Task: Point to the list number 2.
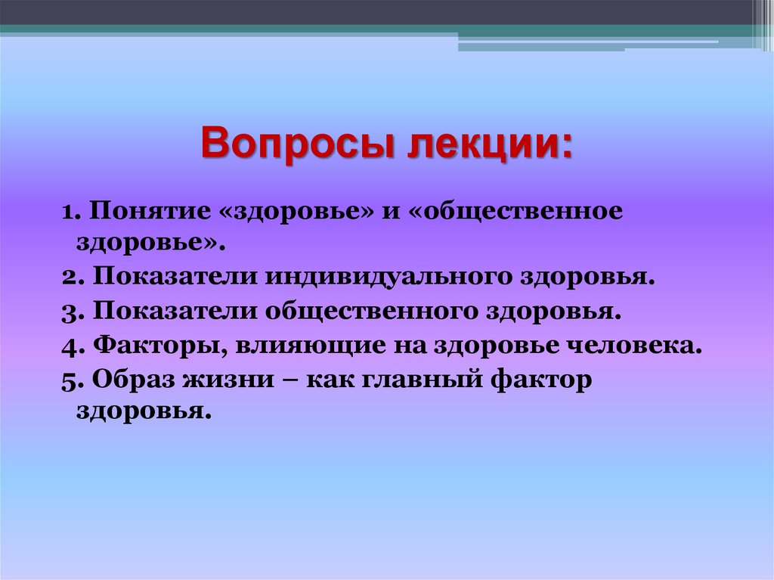[72, 277]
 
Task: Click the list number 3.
[72, 312]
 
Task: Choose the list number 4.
[72, 346]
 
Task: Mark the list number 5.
[72, 381]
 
